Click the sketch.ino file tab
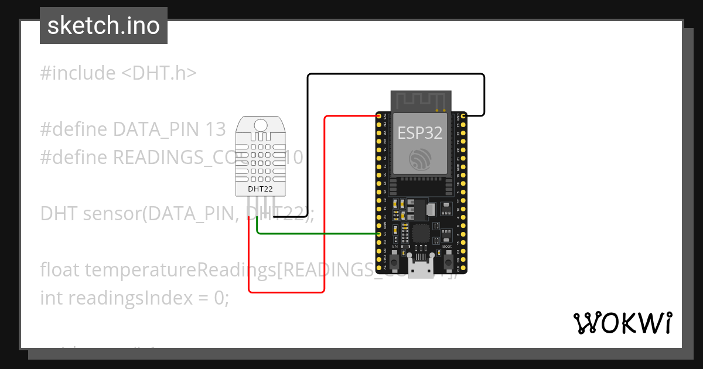tap(103, 26)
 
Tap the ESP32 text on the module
tap(420, 132)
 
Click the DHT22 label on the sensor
tap(260, 189)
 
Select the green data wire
tap(316, 234)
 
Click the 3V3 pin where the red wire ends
tap(379, 117)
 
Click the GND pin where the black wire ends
tap(463, 117)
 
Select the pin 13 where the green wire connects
tap(379, 234)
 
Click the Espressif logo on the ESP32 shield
tap(420, 159)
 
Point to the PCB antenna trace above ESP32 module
tap(421, 100)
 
